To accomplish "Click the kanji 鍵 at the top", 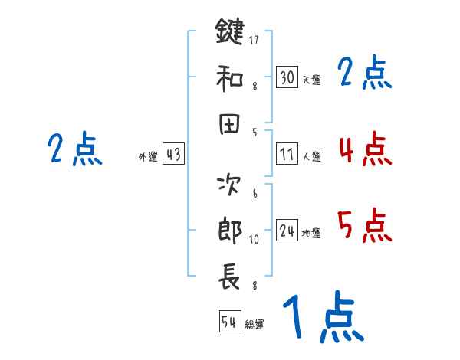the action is click(230, 32).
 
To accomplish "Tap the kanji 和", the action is click(230, 78).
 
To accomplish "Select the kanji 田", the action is click(230, 125).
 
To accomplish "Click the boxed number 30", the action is click(287, 78).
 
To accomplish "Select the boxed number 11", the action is click(287, 154).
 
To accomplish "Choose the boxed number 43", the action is click(173, 154).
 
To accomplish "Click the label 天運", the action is click(311, 80).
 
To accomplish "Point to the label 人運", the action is click(311, 156).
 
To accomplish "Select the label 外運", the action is click(147, 156).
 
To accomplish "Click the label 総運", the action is click(255, 324).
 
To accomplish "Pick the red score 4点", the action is click(364, 149).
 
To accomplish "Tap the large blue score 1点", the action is click(322, 318).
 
